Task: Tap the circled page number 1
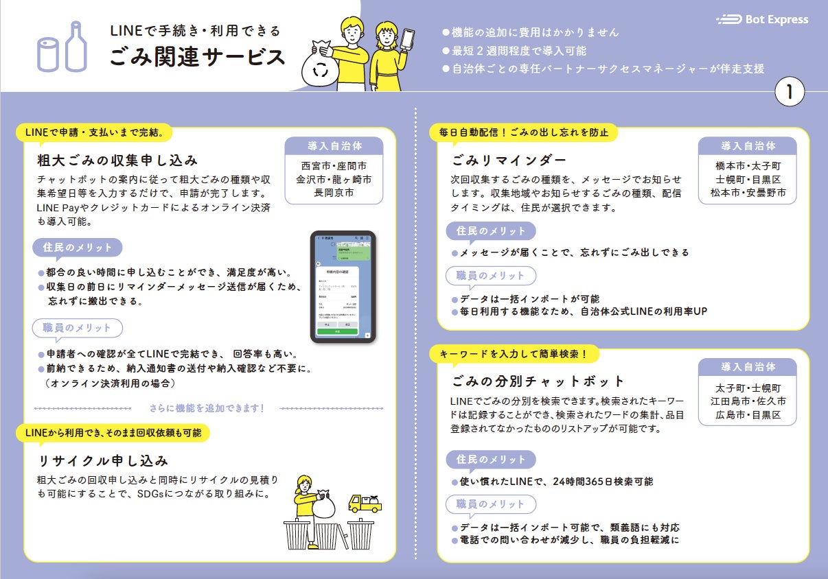coord(790,93)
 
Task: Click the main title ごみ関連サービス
coord(197,57)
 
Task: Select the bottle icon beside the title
coord(73,46)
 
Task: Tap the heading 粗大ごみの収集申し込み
coord(117,161)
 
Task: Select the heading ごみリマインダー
coord(509,161)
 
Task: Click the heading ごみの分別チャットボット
coord(538,381)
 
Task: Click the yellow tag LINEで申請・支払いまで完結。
coord(94,130)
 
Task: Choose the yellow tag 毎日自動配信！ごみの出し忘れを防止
coord(523,132)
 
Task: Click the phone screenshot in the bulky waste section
coord(343,286)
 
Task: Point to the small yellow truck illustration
coord(365,503)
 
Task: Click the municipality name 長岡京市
coord(334,193)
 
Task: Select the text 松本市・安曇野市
coord(748,193)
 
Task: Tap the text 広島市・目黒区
coord(748,416)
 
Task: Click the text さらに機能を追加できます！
coord(207,408)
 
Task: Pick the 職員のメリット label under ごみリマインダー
coord(490,276)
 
